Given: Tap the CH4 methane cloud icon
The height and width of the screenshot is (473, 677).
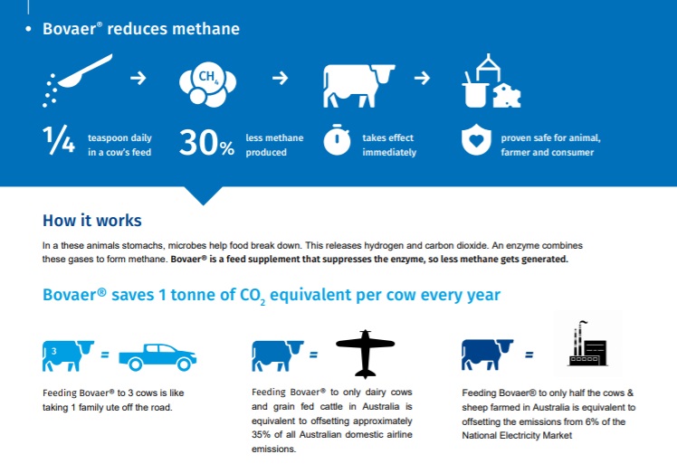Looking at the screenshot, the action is click(x=207, y=85).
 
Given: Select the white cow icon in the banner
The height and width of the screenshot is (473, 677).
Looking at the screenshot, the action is click(x=358, y=86).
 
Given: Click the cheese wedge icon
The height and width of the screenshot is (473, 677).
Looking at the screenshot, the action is click(x=507, y=95).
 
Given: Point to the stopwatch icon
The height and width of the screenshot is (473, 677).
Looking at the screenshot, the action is click(x=337, y=139).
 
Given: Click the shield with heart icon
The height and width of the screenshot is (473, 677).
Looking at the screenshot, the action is click(x=476, y=139).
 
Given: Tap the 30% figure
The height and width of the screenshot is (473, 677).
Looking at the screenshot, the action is click(x=207, y=143).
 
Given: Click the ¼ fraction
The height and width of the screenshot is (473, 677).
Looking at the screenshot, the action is click(x=59, y=139).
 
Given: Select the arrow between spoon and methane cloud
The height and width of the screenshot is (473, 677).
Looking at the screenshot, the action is click(x=138, y=78).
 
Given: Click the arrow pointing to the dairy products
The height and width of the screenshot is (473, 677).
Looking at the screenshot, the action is click(x=422, y=78).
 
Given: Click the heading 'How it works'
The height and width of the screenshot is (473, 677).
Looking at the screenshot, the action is click(x=92, y=221).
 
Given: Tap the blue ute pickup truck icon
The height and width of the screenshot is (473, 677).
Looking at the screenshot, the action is click(x=157, y=357).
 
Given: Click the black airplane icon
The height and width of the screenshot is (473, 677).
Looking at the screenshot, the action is click(x=366, y=354).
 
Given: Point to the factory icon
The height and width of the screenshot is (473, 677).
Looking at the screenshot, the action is click(x=587, y=344).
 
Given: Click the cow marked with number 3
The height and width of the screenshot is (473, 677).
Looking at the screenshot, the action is click(x=68, y=355).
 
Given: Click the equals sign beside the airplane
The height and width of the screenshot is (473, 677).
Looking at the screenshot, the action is click(x=313, y=355).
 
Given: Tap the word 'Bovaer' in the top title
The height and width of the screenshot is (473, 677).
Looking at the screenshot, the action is click(x=69, y=29).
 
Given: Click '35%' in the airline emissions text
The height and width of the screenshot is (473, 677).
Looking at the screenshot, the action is click(x=262, y=435).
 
